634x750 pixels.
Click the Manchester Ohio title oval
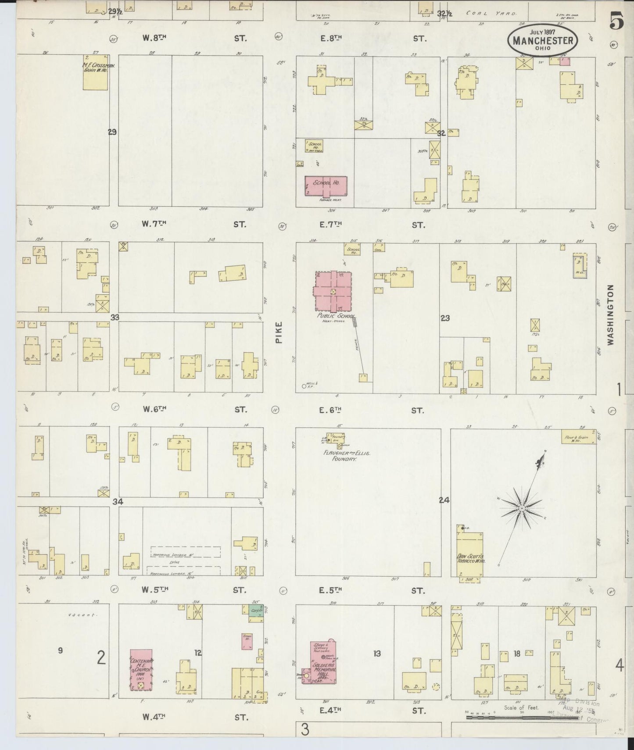(543, 39)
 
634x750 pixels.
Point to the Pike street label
(279, 333)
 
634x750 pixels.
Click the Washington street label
(610, 314)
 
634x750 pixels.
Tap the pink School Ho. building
(326, 186)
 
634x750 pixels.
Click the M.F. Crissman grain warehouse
(96, 72)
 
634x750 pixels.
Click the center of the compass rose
(522, 508)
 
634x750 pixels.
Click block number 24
(444, 500)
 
